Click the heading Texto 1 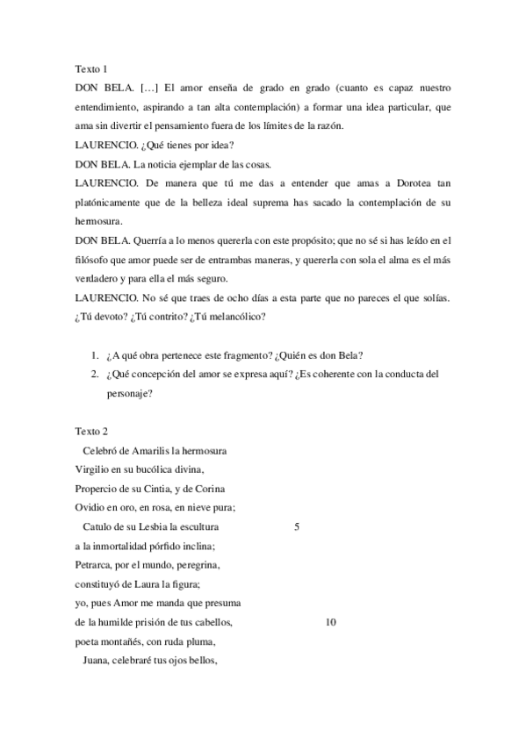90,68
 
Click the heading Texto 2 90,432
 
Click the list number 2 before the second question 95,374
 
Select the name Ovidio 90,508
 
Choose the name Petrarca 95,565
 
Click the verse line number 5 297,527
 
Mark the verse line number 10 330,622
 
